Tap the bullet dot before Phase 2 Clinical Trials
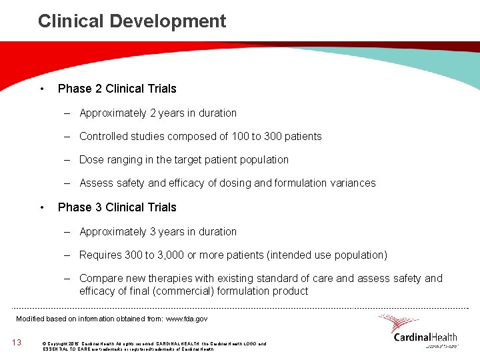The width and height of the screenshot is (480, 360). click(x=42, y=89)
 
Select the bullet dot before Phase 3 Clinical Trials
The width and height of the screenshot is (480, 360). click(x=42, y=207)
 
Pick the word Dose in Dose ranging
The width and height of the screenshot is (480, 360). click(x=91, y=160)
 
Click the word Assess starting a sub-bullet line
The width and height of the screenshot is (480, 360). click(x=97, y=183)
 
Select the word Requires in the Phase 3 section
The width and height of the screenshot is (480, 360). click(x=100, y=255)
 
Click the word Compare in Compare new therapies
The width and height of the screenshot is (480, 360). click(x=100, y=279)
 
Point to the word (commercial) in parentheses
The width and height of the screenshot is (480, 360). click(x=199, y=291)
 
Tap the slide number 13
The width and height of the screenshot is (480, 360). click(x=17, y=343)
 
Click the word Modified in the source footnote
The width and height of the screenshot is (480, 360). click(x=31, y=319)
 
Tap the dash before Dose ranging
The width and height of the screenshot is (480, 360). click(x=68, y=160)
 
